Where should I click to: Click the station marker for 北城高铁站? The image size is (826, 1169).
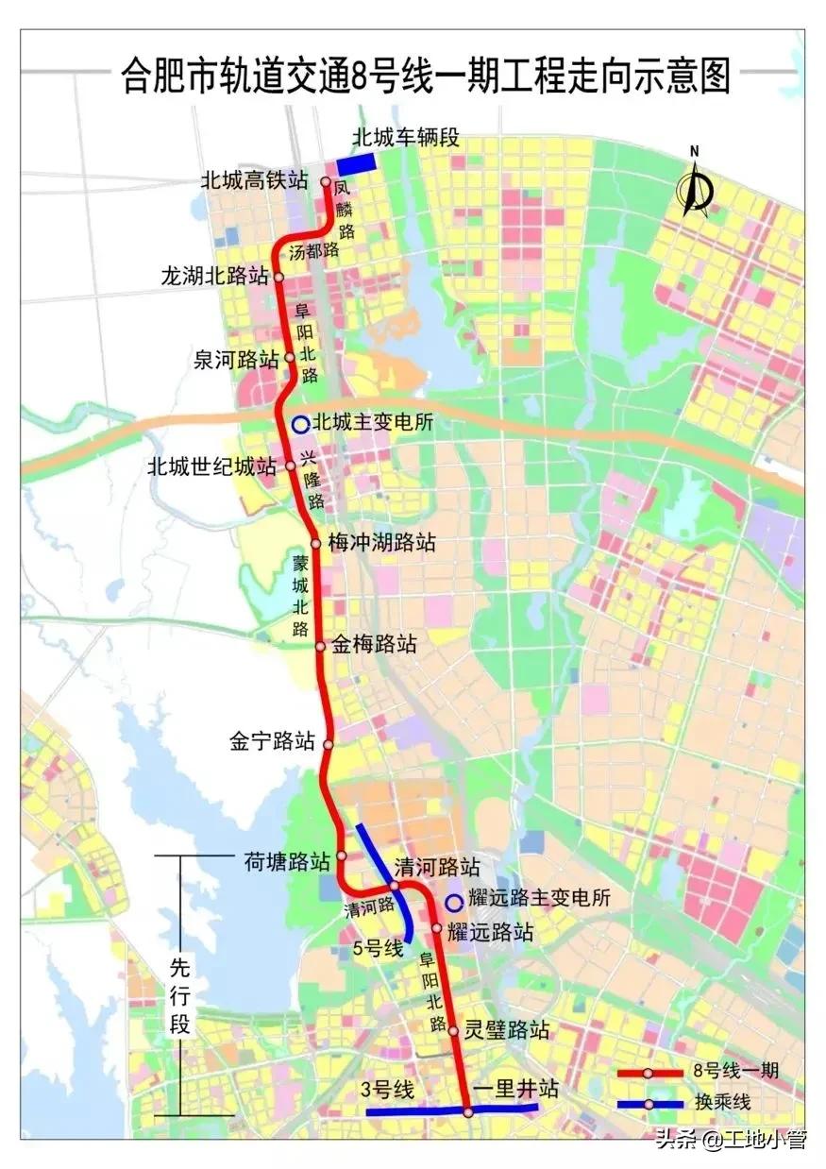[x=326, y=182]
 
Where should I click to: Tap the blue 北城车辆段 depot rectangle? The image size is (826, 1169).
[x=358, y=162]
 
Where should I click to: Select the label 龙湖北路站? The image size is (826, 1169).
[x=216, y=277]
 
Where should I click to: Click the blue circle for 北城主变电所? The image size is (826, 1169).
[x=299, y=424]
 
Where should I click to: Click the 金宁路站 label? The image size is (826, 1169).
[x=272, y=742]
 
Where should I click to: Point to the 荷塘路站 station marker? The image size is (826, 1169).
[x=342, y=856]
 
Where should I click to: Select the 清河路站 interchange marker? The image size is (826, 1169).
[x=395, y=886]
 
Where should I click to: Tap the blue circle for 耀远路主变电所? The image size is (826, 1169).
[x=453, y=902]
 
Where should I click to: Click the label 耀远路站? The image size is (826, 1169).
[x=491, y=933]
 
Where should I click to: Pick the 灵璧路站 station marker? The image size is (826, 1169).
[x=453, y=1031]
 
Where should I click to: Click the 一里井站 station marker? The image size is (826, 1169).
[x=468, y=1112]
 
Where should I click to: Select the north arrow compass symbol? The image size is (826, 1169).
[x=697, y=182]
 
